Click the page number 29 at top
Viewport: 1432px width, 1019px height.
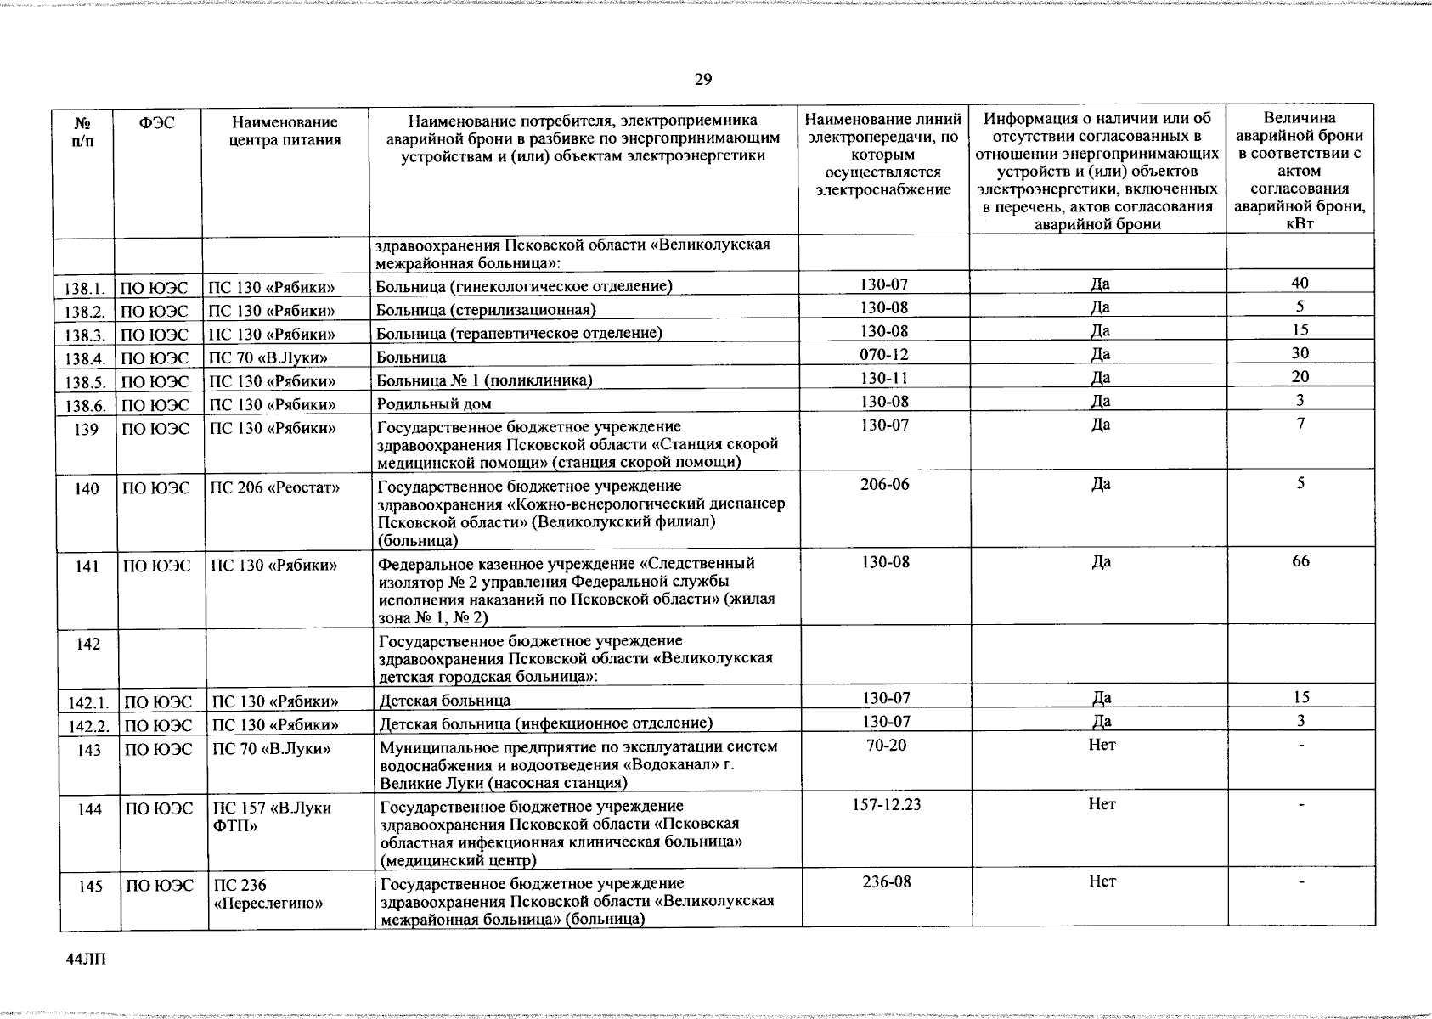click(x=702, y=80)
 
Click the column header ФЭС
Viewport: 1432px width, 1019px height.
click(x=157, y=123)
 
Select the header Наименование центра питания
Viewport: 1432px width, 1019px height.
click(x=285, y=132)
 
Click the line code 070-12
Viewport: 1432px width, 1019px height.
click(x=884, y=353)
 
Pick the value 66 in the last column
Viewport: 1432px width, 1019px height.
click(x=1300, y=561)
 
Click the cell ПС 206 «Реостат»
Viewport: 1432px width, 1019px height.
click(x=274, y=487)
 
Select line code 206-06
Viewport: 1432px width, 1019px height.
click(x=884, y=484)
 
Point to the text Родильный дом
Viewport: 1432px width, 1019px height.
click(x=434, y=403)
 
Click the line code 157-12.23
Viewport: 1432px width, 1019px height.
click(x=886, y=804)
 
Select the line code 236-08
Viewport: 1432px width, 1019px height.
click(x=886, y=881)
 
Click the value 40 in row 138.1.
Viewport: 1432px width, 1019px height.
click(x=1300, y=283)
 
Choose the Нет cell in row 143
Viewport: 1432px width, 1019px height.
click(x=1102, y=745)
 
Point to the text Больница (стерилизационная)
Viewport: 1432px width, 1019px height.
click(x=486, y=309)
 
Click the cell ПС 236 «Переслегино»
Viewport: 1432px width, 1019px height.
click(x=268, y=894)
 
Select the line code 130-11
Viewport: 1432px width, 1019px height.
click(x=884, y=377)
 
